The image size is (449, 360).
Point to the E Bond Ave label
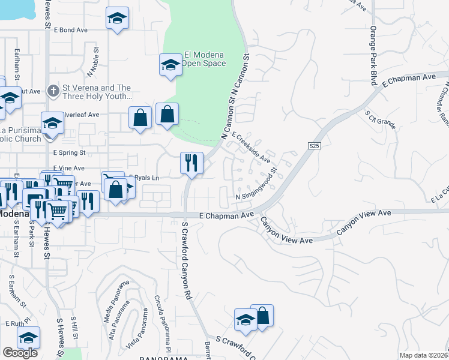pyautogui.click(x=71, y=29)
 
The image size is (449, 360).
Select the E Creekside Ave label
pyautogui.click(x=252, y=147)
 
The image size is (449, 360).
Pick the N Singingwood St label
pyautogui.click(x=256, y=185)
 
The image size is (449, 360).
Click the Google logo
pyautogui.click(x=20, y=352)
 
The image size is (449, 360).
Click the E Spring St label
pyautogui.click(x=69, y=153)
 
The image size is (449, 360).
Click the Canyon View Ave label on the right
pyautogui.click(x=363, y=222)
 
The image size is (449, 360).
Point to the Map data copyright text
pyautogui.click(x=423, y=355)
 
